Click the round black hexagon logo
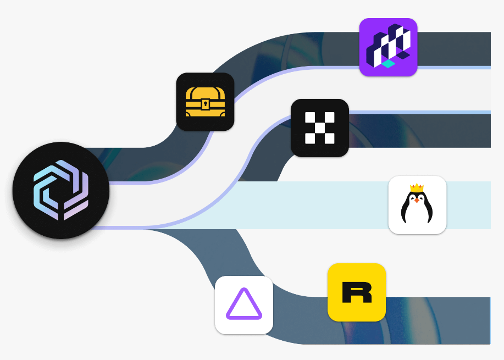coord(61,190)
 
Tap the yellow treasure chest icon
coord(205,102)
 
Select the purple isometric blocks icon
coord(388,47)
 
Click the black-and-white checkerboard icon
coord(319,128)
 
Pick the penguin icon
coord(417,205)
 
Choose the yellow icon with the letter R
coord(356,292)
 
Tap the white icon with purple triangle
coord(244,305)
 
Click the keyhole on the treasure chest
coord(205,103)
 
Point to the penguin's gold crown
coord(417,188)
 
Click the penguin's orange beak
coord(417,200)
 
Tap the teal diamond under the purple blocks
coord(389,64)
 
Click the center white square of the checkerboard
coord(319,128)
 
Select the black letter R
coord(356,292)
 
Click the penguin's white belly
coord(417,212)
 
